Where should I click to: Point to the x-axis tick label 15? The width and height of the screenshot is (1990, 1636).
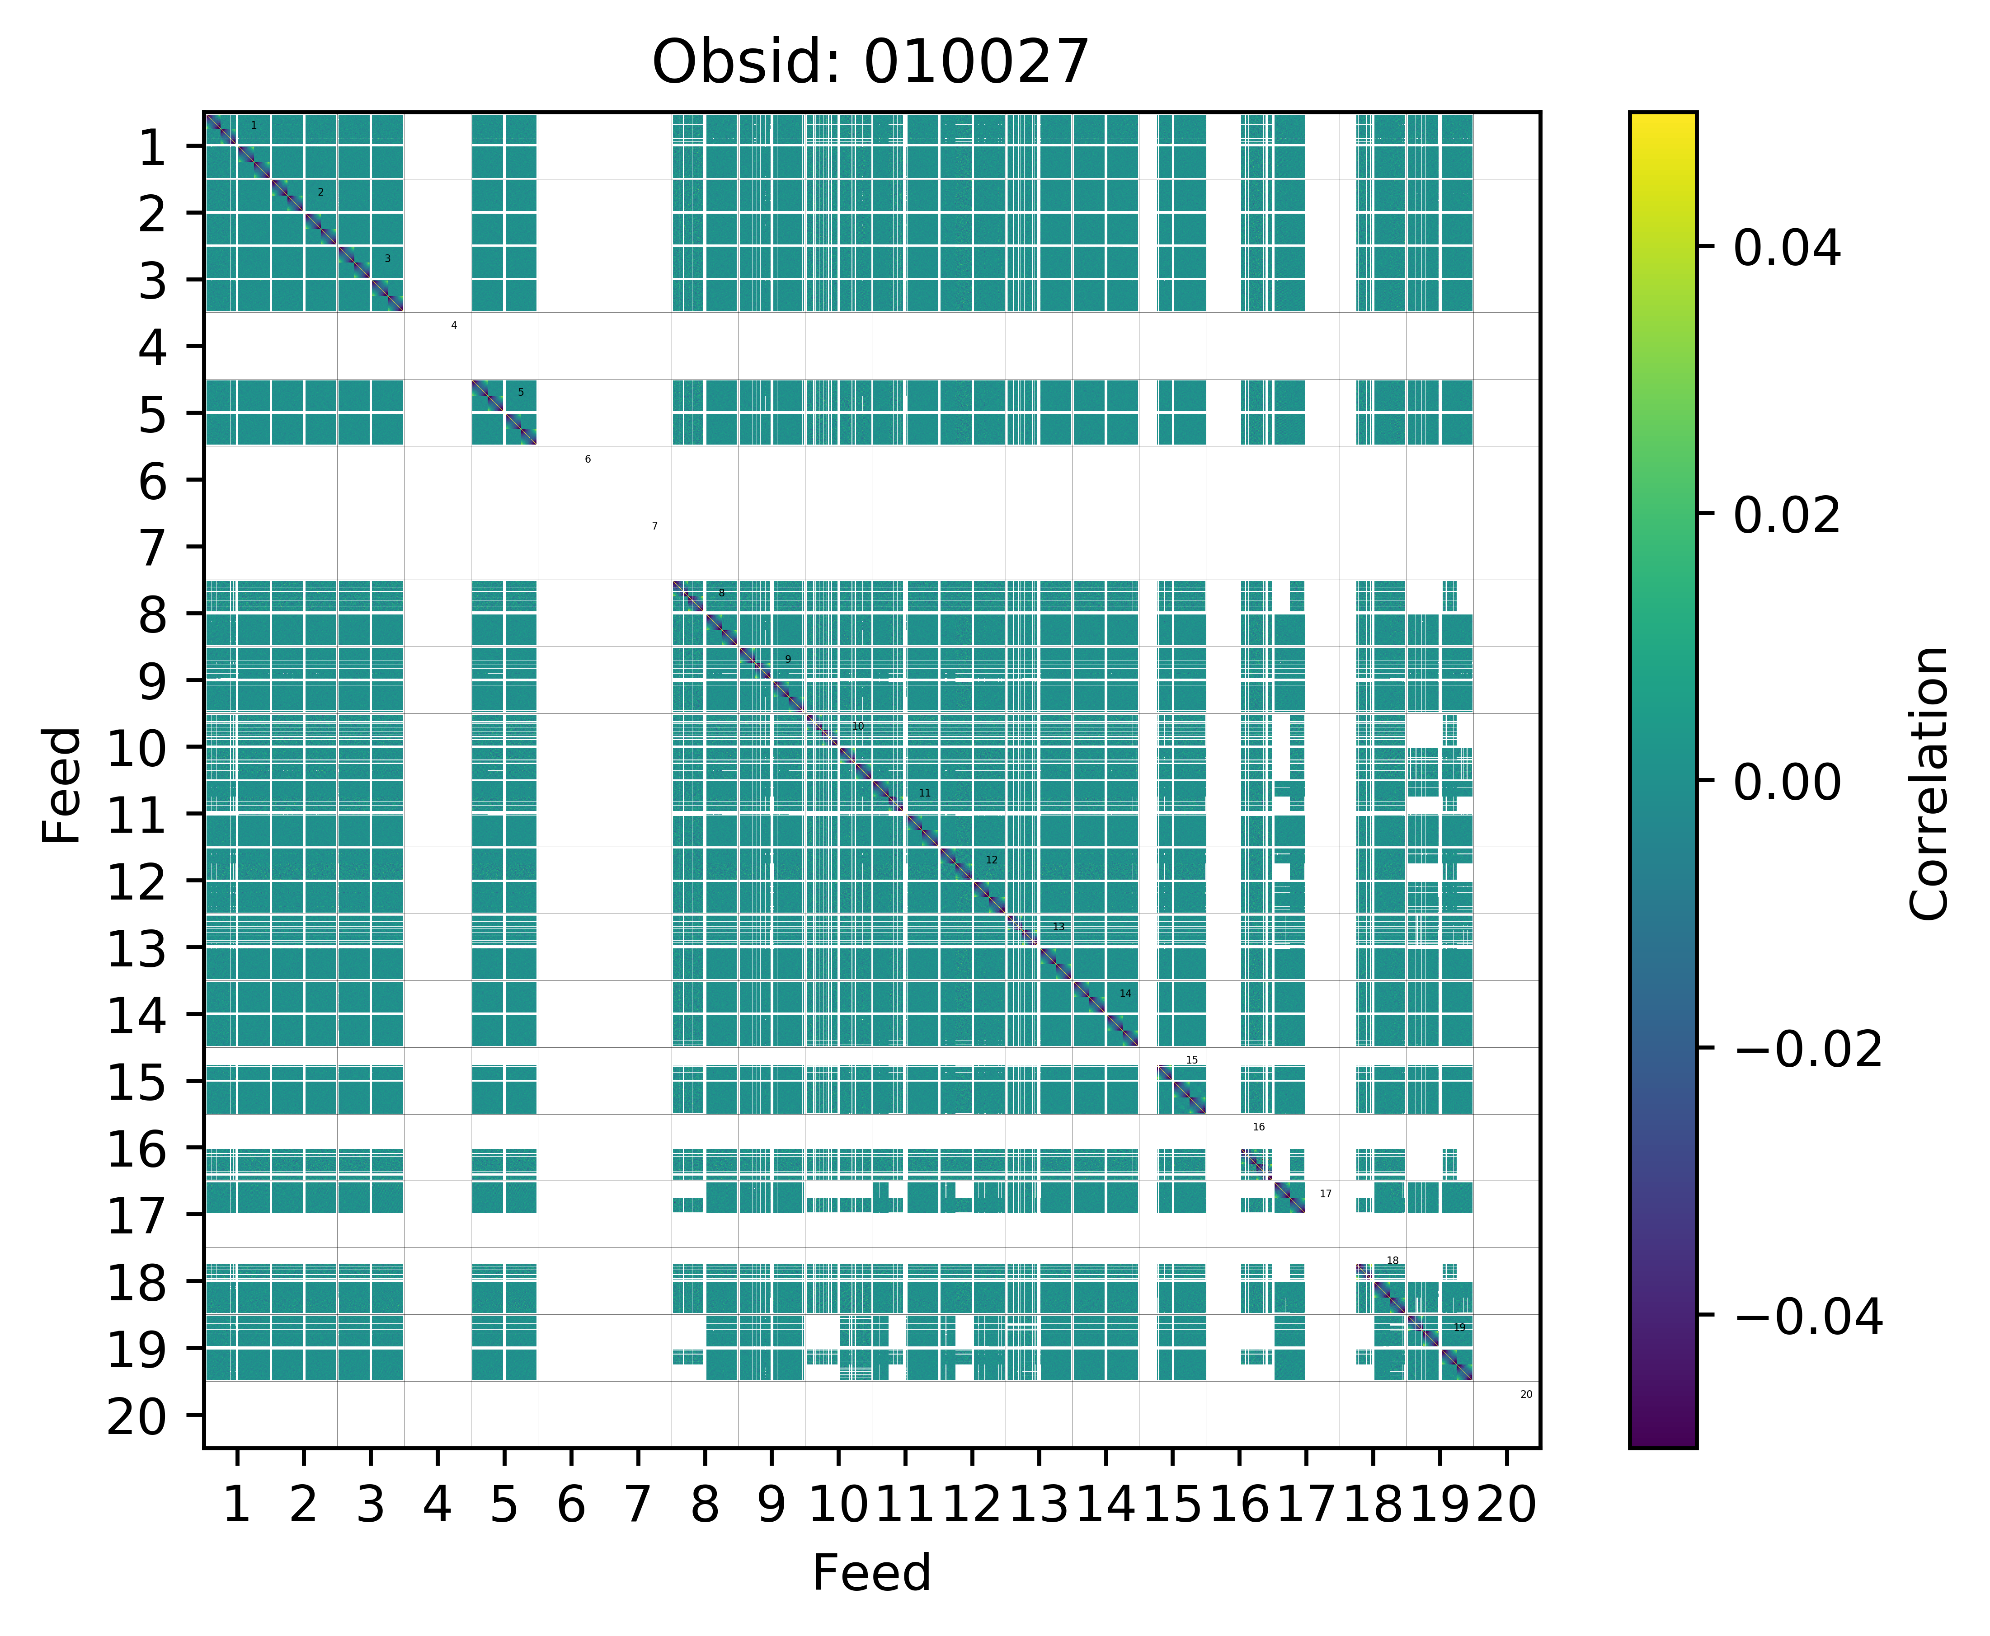(1172, 1504)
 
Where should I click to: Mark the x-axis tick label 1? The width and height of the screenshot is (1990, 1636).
(237, 1504)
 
